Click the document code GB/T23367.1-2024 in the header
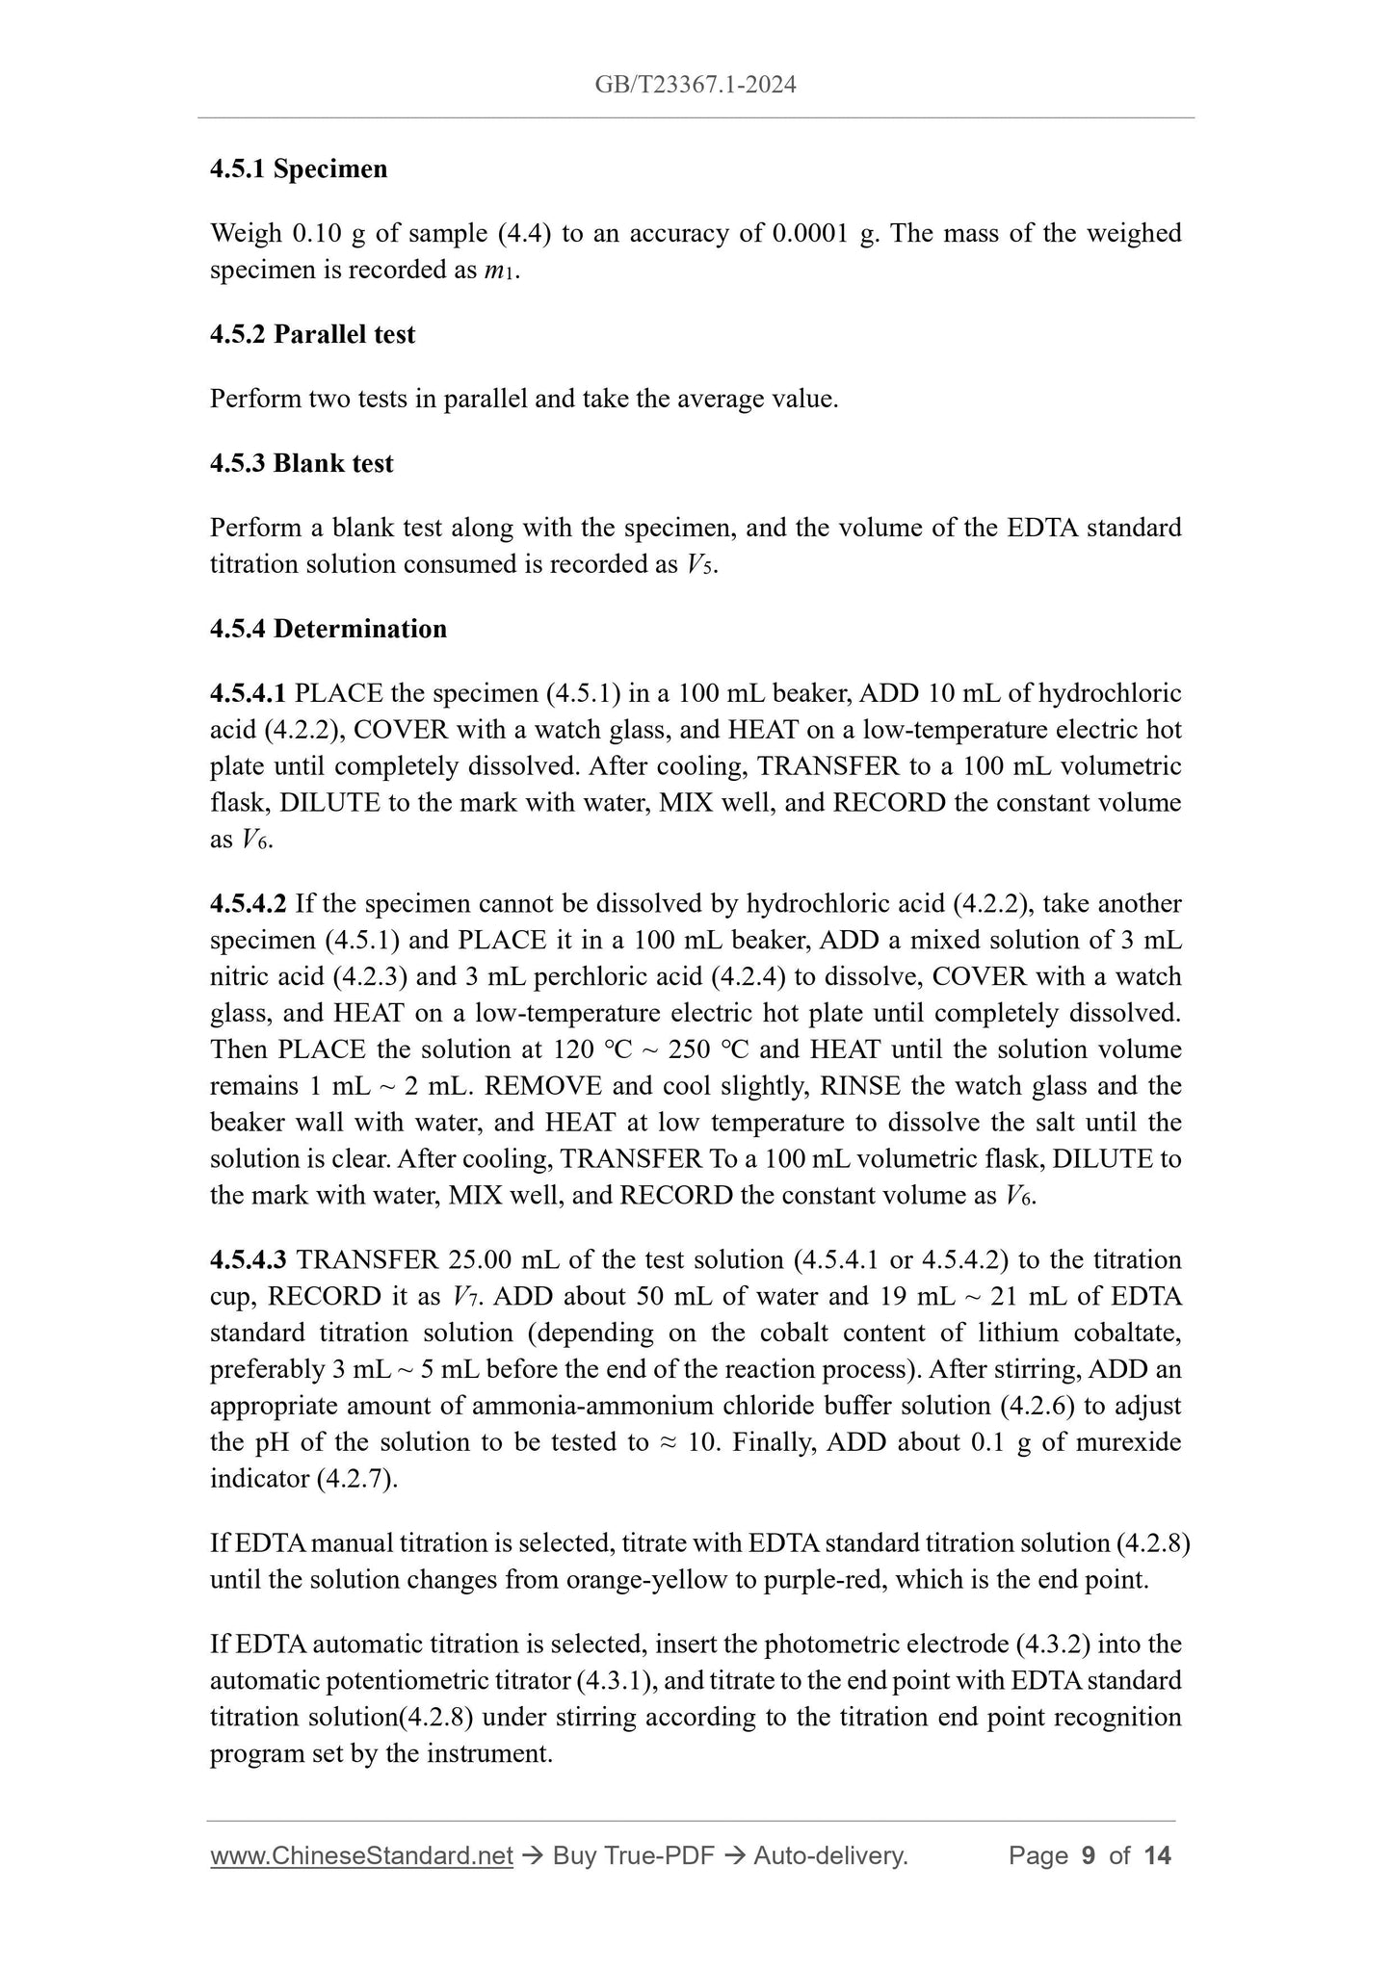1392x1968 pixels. tap(695, 85)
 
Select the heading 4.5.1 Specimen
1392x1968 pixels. tap(299, 168)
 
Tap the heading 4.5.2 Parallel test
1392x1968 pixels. tap(312, 334)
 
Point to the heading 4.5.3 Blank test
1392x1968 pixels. tap(302, 463)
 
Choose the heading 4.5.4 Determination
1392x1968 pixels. tap(328, 629)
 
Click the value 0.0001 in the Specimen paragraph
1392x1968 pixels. tap(808, 233)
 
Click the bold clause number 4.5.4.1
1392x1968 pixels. tap(248, 693)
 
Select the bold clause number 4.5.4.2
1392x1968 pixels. tap(248, 904)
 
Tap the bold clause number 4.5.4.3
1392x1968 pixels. tap(248, 1260)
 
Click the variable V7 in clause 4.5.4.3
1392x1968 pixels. tap(463, 1297)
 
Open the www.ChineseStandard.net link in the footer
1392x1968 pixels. tap(361, 1855)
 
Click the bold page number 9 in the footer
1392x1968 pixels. tap(1089, 1855)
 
